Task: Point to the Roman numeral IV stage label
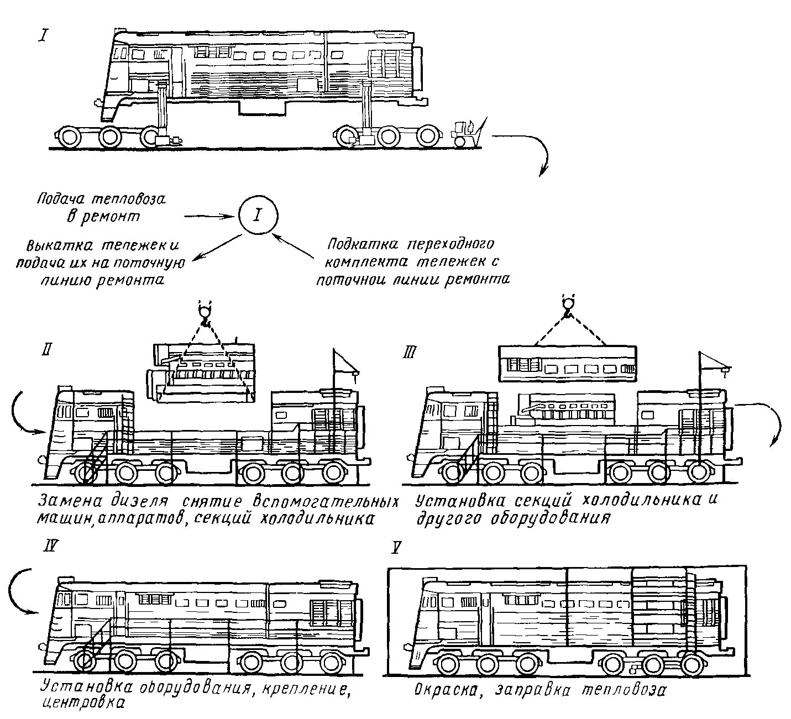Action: click(x=49, y=548)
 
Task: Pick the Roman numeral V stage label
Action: click(x=396, y=548)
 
